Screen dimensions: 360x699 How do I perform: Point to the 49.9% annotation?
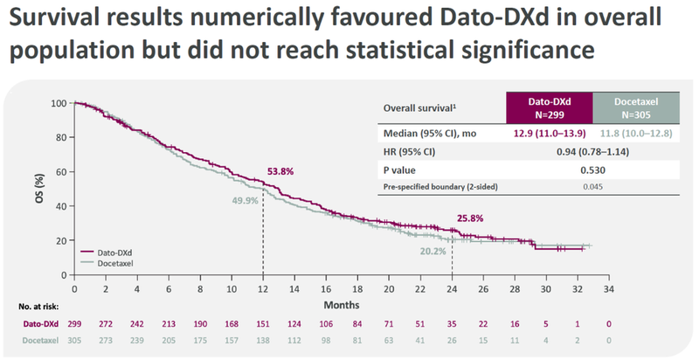pos(246,201)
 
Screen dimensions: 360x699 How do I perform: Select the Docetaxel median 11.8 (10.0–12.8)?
pos(634,133)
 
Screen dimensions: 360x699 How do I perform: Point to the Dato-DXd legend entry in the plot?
pos(114,251)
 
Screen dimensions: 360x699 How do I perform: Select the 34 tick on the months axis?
pos(608,289)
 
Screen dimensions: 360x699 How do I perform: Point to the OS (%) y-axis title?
pos(38,189)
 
